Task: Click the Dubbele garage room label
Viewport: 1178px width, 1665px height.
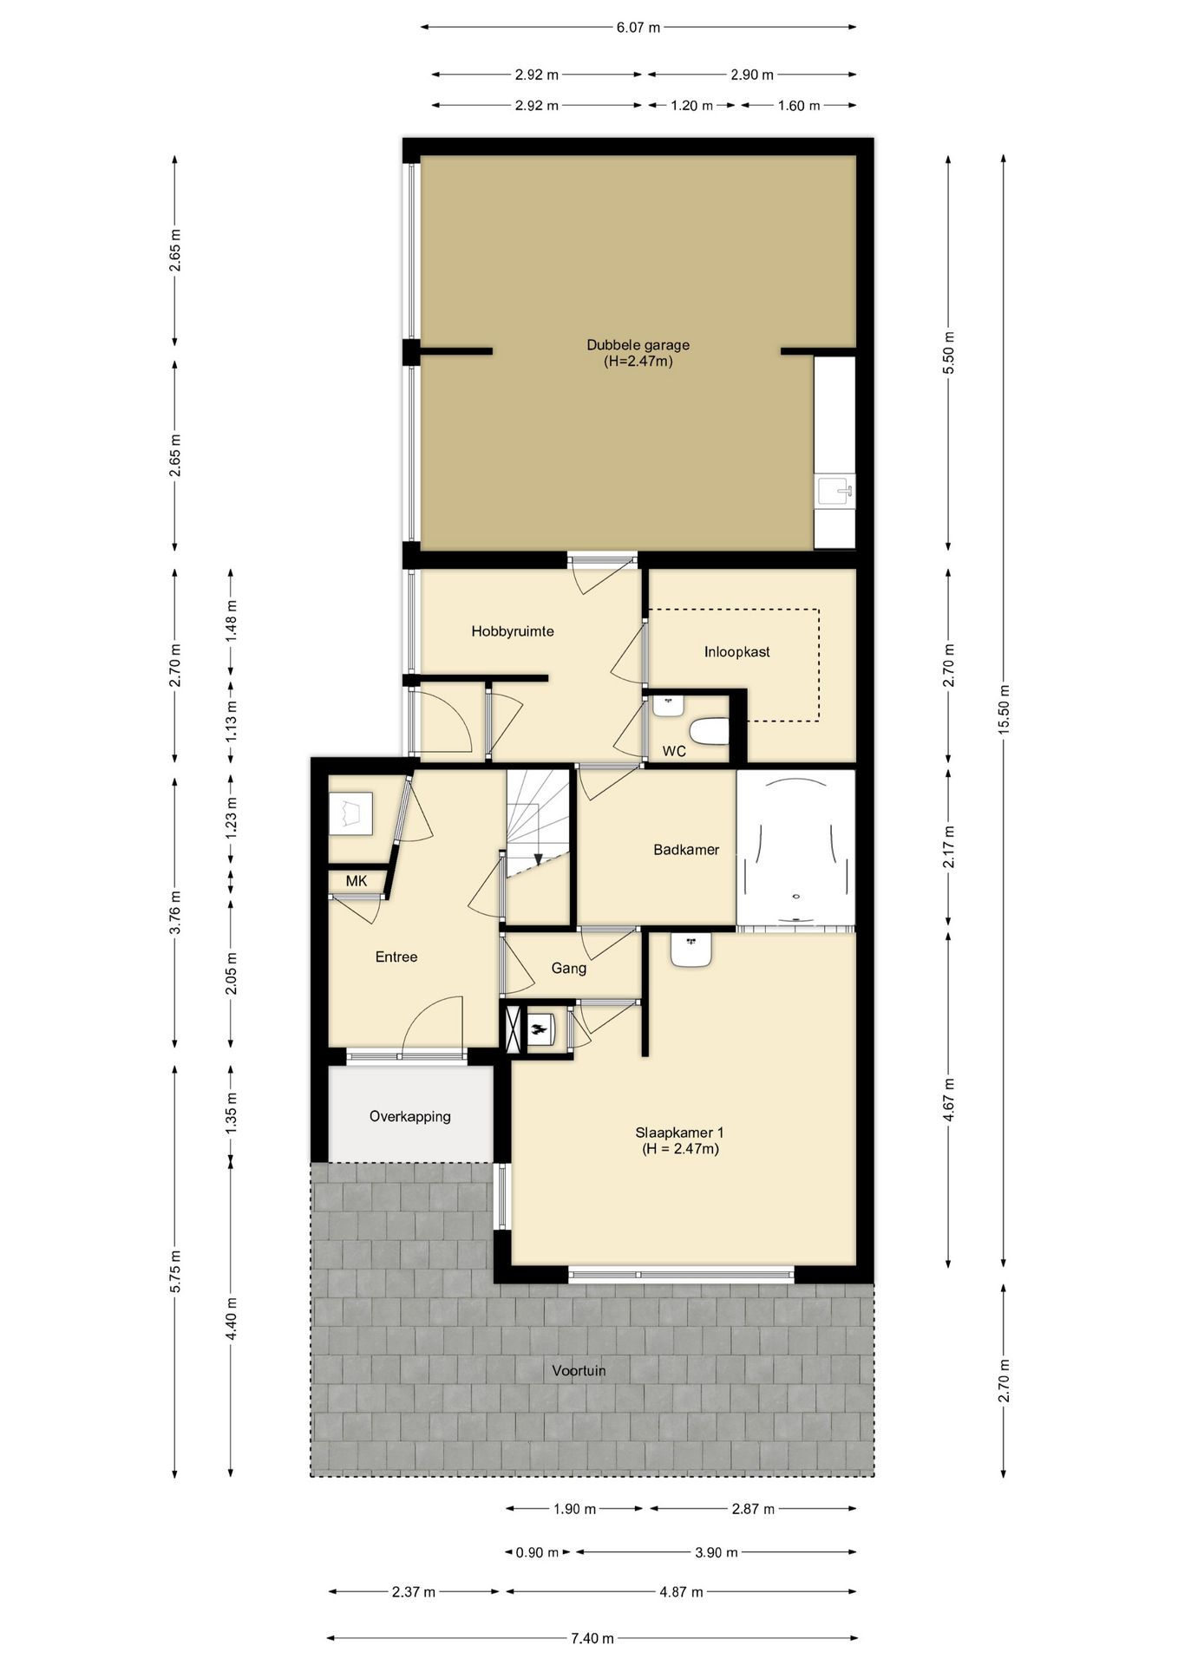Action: pos(638,345)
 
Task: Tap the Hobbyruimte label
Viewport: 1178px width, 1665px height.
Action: pos(513,631)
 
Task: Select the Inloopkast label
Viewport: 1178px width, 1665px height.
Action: pos(736,652)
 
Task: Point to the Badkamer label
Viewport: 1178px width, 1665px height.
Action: pos(686,850)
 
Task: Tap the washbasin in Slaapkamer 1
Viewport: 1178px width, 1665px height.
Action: pos(691,949)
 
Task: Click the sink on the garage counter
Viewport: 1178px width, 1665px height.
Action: pos(835,492)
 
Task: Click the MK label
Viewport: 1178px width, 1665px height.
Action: pos(357,881)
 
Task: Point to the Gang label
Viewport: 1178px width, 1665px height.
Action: pos(569,969)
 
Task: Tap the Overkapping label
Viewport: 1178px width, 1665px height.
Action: pos(410,1117)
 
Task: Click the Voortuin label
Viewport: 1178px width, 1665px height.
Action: pos(579,1371)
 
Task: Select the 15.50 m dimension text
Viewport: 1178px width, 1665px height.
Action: pos(1004,710)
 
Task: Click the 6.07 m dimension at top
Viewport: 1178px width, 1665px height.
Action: pos(638,27)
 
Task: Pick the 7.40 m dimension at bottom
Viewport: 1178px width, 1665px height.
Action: pos(592,1638)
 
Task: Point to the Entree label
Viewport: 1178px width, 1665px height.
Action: pos(396,957)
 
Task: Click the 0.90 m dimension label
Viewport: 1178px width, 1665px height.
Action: pos(538,1552)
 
